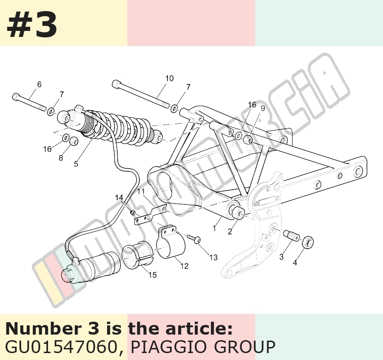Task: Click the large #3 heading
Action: [x=32, y=25]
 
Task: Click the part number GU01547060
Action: [x=60, y=347]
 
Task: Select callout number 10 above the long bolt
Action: [x=169, y=78]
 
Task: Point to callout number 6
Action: [x=39, y=84]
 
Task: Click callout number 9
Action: [x=263, y=108]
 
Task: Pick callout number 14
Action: [x=119, y=198]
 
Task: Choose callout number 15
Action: [x=152, y=275]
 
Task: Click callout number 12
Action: [x=185, y=266]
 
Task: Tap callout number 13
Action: [x=213, y=258]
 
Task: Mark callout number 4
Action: [x=295, y=263]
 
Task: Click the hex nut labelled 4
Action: [x=308, y=242]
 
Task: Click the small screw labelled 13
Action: [x=194, y=239]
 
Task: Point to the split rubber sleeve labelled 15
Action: [x=137, y=255]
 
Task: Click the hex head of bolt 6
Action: [x=15, y=97]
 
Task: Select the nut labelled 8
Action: [x=73, y=141]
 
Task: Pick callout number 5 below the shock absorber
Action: [x=76, y=164]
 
